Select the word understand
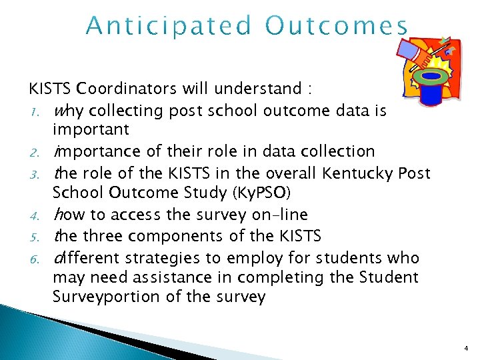(264, 89)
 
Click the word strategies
(178, 257)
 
